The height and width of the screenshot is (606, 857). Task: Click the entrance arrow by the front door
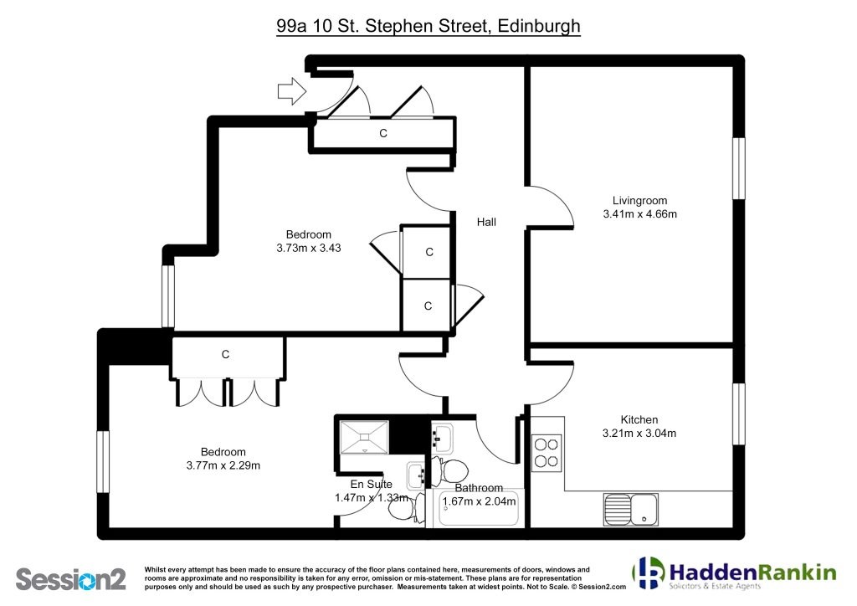[x=292, y=90]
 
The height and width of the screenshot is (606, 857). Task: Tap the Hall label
[x=486, y=222]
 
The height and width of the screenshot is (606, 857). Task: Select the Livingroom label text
[x=639, y=201]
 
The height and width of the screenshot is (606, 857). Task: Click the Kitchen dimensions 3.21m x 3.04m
[x=639, y=434]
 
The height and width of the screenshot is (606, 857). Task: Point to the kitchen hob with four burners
[x=547, y=453]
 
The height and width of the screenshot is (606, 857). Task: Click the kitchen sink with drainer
[x=631, y=509]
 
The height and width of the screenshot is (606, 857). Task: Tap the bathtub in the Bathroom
[x=478, y=508]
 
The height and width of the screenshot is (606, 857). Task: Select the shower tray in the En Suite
[x=364, y=437]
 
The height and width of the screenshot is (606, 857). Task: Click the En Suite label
[x=371, y=484]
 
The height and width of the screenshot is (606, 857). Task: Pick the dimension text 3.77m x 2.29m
[x=223, y=465]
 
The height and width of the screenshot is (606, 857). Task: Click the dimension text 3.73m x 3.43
[x=308, y=248]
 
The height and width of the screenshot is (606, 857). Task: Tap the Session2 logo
[x=71, y=579]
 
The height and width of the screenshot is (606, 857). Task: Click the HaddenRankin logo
[x=734, y=573]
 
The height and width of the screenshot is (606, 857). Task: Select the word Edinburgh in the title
[x=539, y=26]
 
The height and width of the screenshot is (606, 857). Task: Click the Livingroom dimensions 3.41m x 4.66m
[x=639, y=214]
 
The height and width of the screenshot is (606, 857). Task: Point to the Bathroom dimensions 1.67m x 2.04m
[x=479, y=501]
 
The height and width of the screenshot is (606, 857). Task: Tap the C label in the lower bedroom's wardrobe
[x=225, y=355]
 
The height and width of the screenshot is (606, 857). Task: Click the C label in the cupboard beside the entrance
[x=383, y=133]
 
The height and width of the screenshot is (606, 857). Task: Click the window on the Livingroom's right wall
[x=738, y=168]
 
